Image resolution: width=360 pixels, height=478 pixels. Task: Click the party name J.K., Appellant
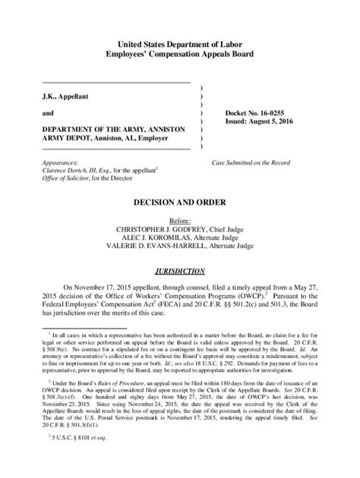(x=68, y=97)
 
